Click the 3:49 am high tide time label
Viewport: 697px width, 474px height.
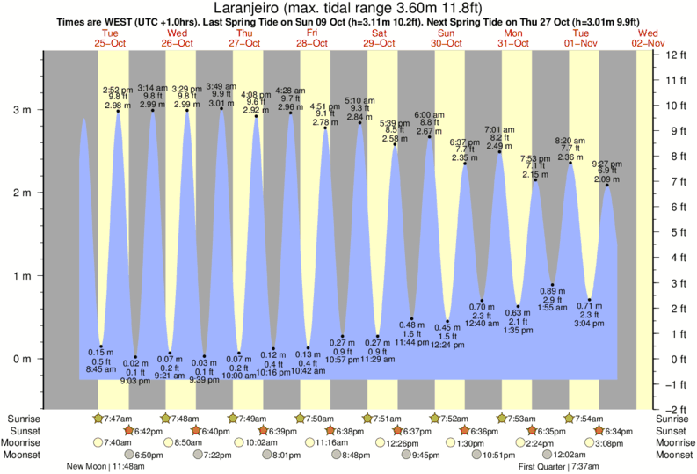221,86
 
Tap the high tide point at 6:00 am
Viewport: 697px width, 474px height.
430,137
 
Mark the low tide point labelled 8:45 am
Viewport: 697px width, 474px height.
101,346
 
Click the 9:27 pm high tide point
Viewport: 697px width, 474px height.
606,185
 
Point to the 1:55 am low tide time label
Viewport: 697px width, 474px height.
553,309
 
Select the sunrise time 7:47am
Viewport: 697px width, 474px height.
117,419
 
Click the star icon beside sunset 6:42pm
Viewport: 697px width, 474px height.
129,431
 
